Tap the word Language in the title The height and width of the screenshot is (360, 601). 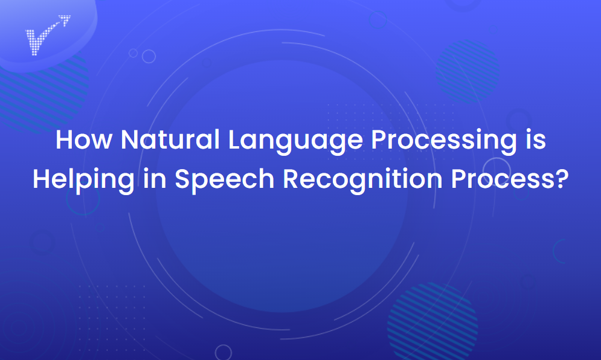pos(295,142)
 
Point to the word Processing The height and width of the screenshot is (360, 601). pos(444,142)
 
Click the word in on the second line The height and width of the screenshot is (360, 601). pos(155,179)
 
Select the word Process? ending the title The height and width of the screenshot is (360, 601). pos(510,179)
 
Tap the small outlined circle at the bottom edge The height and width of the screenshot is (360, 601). pos(223,353)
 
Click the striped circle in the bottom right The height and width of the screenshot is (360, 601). pos(432,321)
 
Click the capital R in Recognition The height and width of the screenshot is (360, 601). pos(291,179)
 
